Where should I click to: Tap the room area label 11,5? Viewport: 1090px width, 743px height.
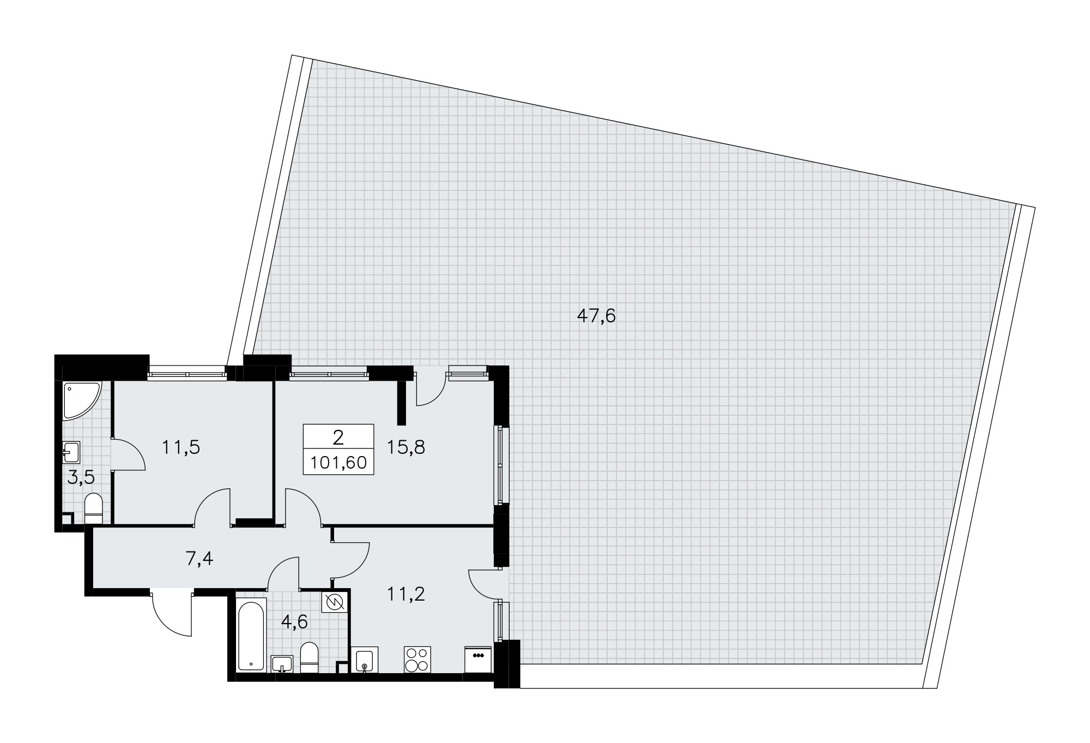(181, 447)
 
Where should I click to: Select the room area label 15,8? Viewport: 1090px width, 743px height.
(406, 447)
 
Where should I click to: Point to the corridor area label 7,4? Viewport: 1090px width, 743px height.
(199, 559)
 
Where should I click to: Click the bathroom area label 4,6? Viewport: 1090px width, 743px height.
(295, 622)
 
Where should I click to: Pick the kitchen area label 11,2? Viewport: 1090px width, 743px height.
(405, 594)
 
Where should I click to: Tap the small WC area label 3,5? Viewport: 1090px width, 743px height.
(81, 478)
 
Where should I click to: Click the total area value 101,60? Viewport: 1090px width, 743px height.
(338, 463)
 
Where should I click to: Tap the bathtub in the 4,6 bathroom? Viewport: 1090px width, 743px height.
(252, 634)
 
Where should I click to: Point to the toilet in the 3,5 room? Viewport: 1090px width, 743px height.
(94, 508)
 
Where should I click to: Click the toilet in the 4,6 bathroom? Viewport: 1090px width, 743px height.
(310, 657)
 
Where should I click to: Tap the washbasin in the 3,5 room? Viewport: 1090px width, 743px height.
(71, 452)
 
